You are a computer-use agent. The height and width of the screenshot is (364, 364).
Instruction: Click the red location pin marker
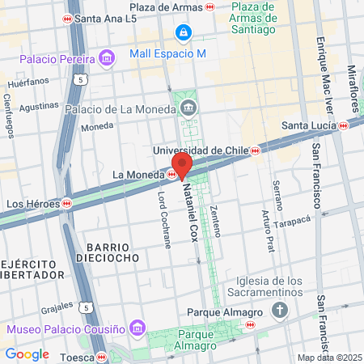pos(182,164)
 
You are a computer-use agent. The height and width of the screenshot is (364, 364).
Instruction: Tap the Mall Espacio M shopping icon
pos(183,32)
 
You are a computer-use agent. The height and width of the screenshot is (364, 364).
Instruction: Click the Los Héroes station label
pos(33,203)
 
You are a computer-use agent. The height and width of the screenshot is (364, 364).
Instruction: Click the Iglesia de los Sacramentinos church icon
pos(280,310)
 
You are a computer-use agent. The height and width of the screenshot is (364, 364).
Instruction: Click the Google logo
pos(27,353)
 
